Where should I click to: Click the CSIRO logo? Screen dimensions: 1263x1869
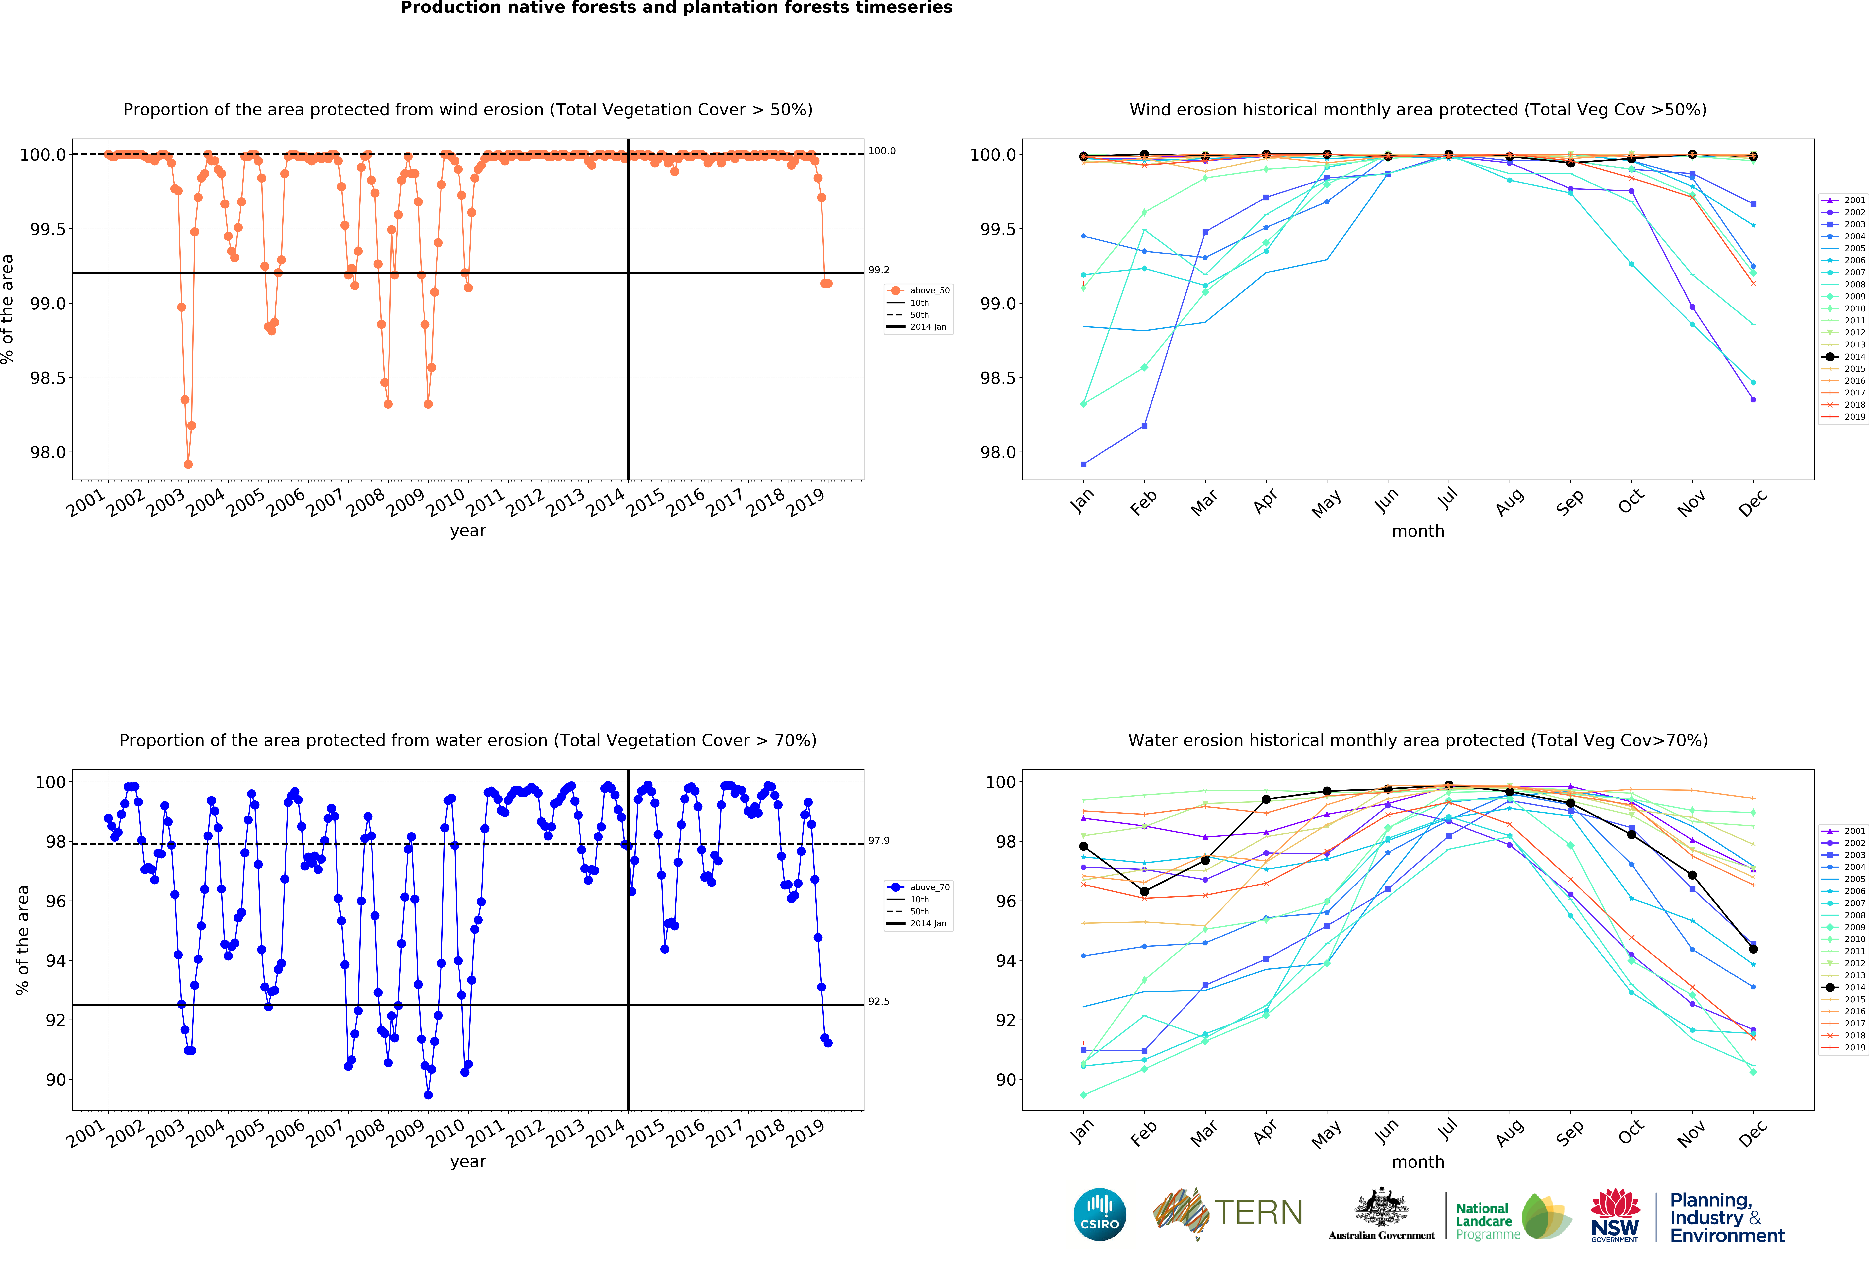coord(1099,1214)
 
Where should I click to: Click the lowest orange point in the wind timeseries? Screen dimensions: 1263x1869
coord(188,464)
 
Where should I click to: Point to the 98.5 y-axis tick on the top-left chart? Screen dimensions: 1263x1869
coord(48,378)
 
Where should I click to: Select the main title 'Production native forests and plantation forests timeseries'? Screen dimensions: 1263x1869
coord(676,8)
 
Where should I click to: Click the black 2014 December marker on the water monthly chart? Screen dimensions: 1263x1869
coord(1753,949)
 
